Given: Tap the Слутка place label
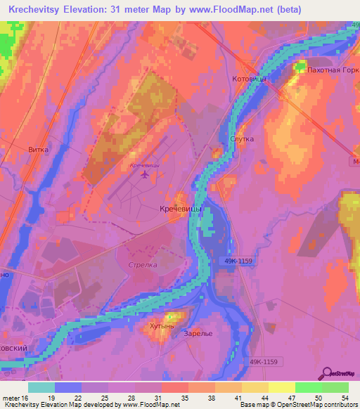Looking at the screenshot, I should [x=242, y=139].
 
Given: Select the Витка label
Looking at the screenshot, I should [x=39, y=150].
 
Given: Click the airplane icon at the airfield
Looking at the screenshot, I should [x=146, y=174].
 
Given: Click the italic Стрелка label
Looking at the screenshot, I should [x=143, y=266].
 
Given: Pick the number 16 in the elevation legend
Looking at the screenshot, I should [x=26, y=396].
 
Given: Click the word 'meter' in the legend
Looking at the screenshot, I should [x=10, y=396].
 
